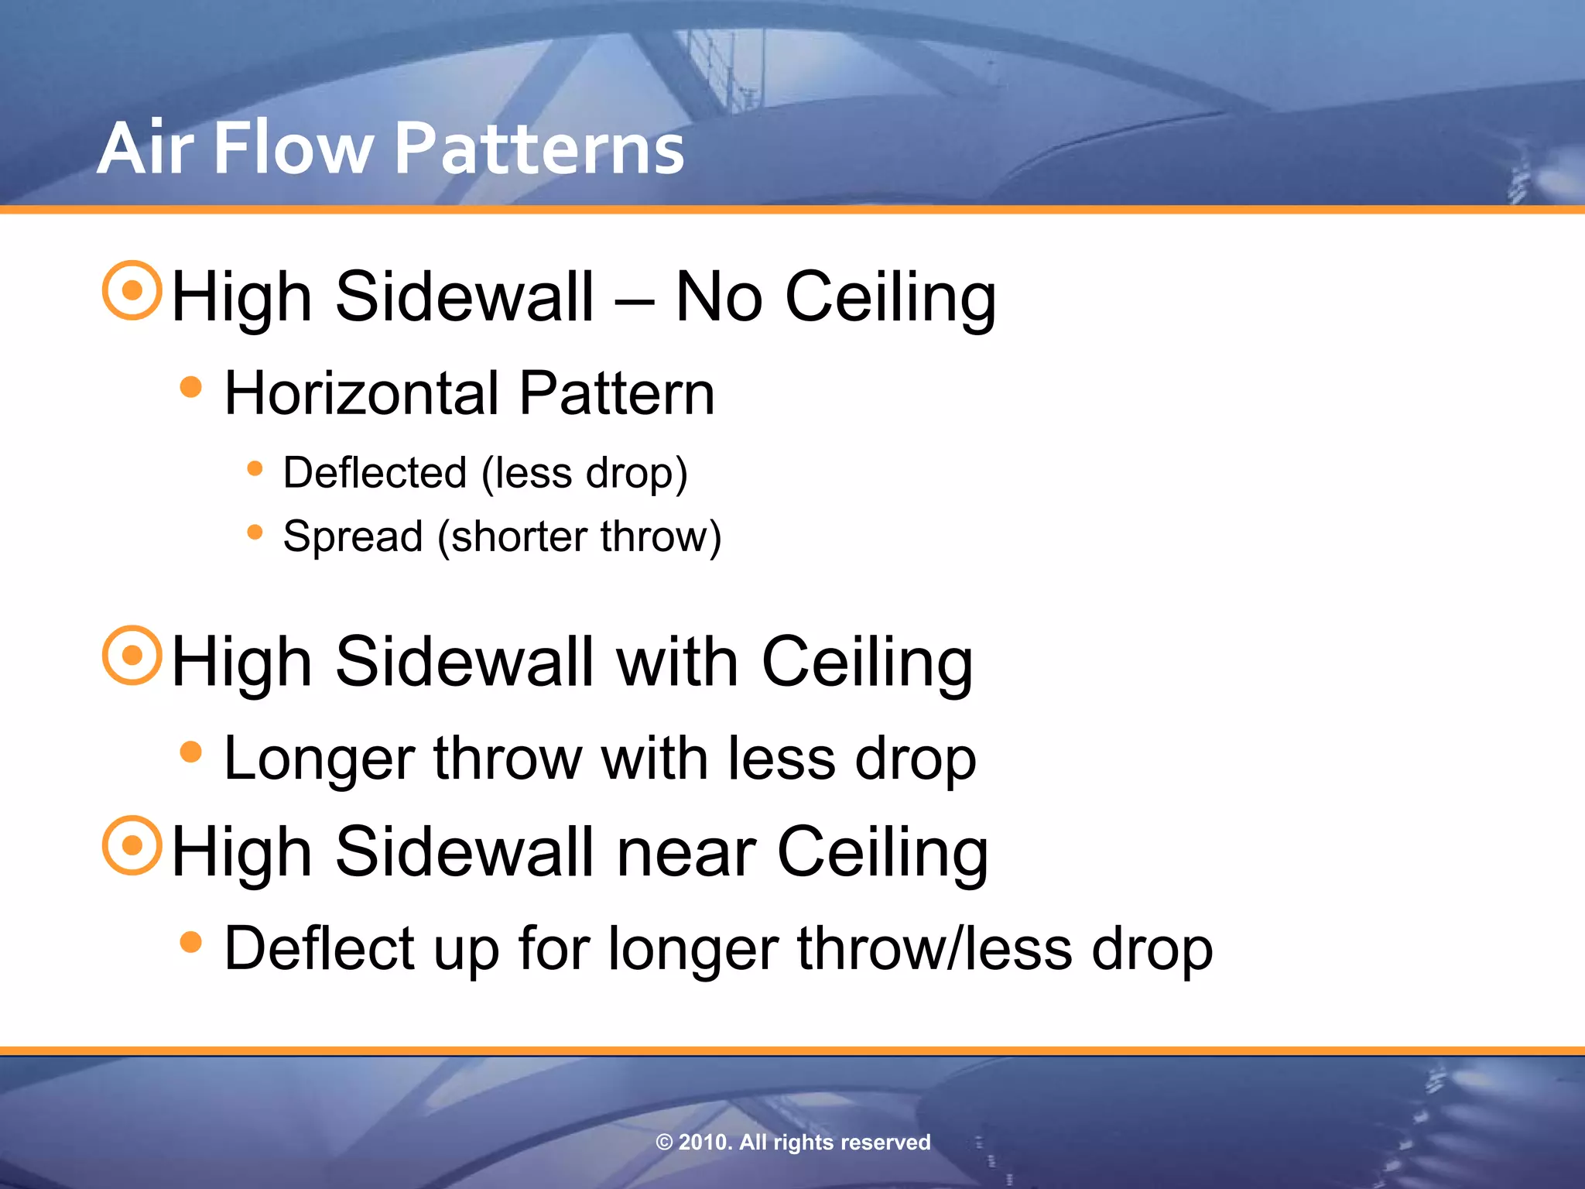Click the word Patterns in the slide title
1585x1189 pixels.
click(x=539, y=149)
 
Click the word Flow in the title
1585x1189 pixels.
click(x=293, y=149)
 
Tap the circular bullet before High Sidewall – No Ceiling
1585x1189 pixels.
click(x=132, y=290)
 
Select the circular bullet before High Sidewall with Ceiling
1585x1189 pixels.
click(x=132, y=656)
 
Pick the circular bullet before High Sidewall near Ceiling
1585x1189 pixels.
click(x=132, y=845)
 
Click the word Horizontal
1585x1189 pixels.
click(x=361, y=393)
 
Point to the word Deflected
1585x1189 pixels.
click(x=375, y=473)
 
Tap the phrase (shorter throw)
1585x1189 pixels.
click(x=579, y=536)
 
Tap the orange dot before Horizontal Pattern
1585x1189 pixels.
click(x=190, y=387)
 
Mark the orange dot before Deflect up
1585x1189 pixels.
click(x=190, y=942)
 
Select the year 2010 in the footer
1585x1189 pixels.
click(x=703, y=1143)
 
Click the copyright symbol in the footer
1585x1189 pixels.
click(x=664, y=1143)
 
